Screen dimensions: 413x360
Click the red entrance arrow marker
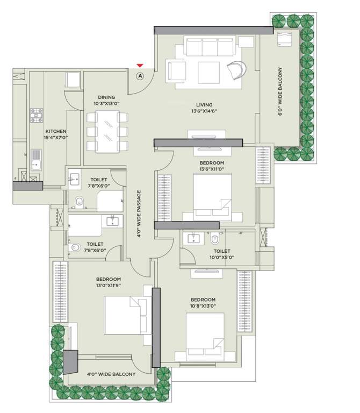140,66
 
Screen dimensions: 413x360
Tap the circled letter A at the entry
140,76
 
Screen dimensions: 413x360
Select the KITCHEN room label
56,134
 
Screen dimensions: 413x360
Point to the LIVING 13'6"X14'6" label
204,108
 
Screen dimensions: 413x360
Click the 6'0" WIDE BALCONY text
280,91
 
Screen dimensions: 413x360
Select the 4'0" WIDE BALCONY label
111,374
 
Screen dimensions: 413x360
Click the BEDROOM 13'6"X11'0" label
211,166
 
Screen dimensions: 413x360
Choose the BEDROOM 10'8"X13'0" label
203,303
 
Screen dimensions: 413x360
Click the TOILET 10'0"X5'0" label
221,254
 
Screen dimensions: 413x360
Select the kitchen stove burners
37,115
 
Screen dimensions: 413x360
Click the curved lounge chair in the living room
236,70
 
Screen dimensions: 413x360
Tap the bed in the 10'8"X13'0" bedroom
205,336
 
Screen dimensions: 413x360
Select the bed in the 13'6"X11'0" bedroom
212,195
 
